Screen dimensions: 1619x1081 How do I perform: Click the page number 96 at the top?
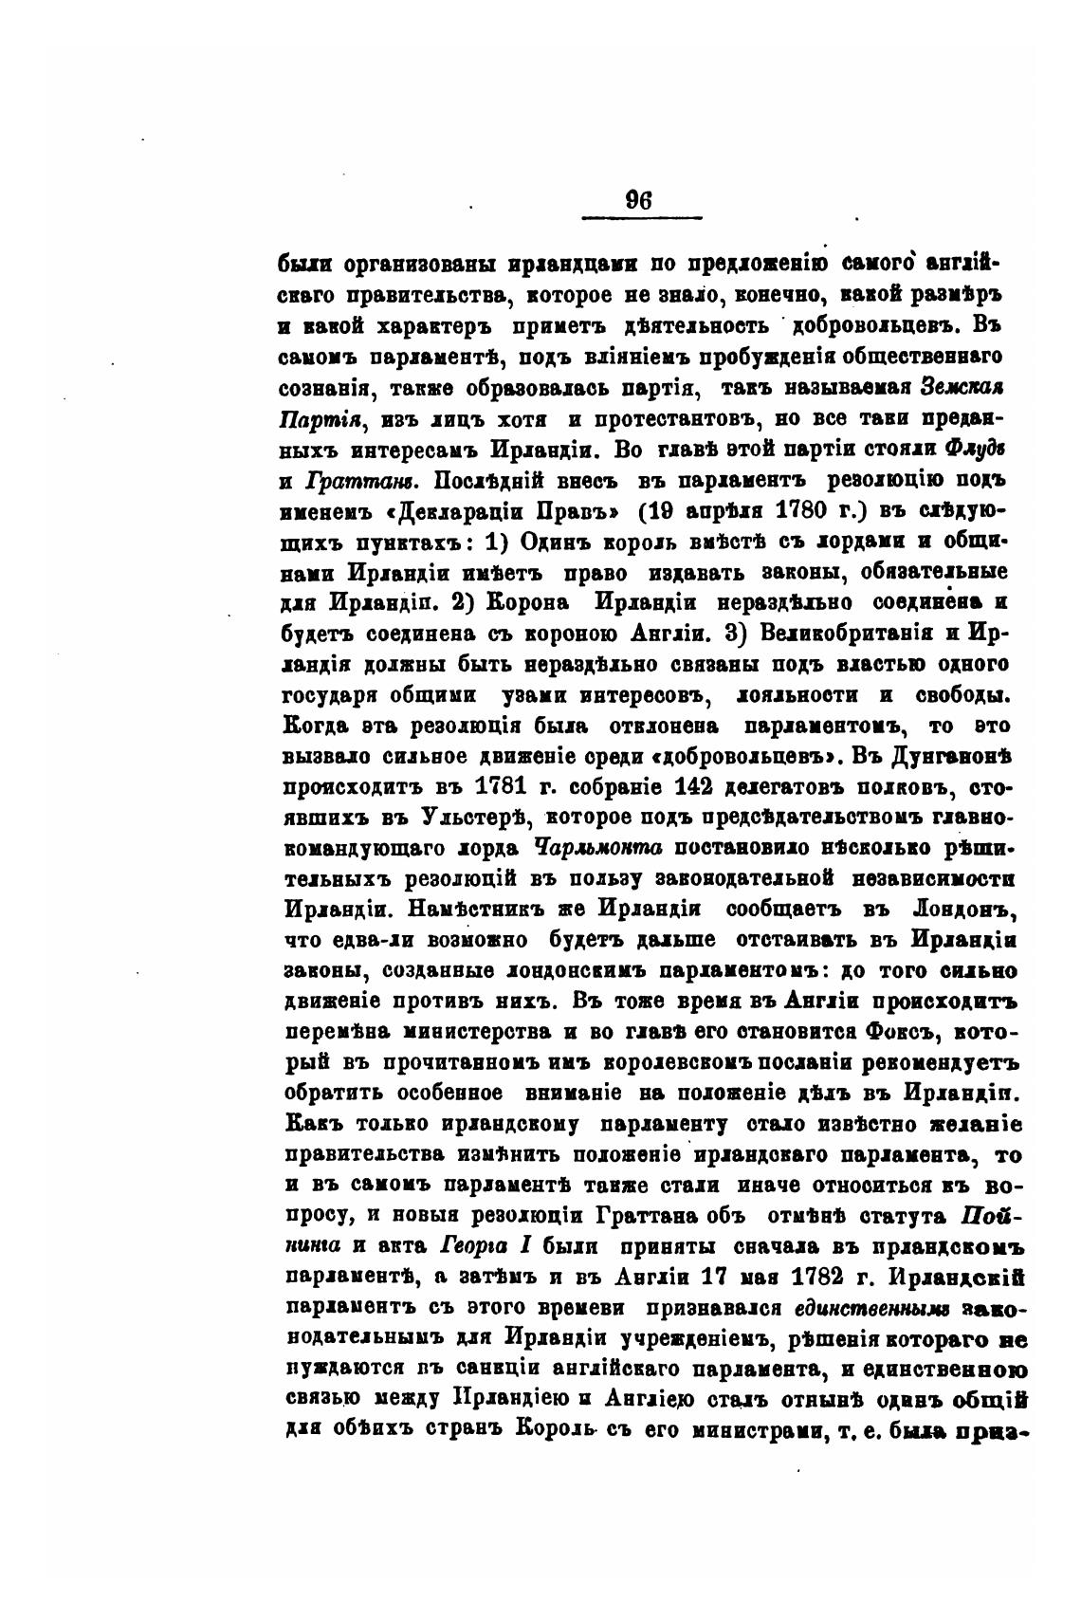[x=638, y=202]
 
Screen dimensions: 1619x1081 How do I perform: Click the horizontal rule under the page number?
[x=640, y=219]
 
